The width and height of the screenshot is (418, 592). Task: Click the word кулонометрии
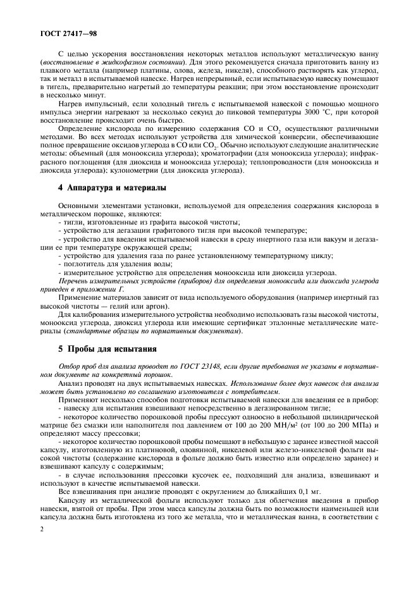click(x=135, y=171)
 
